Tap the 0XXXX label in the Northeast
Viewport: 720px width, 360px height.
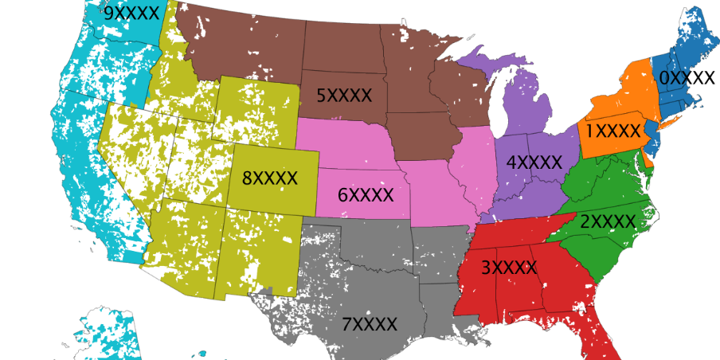[x=687, y=77]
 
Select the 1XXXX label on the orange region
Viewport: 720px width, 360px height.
[x=613, y=129]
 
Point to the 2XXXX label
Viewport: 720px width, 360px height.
[x=608, y=221]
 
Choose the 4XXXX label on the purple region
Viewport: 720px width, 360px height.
[x=534, y=161]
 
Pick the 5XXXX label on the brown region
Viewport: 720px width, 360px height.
[x=344, y=96]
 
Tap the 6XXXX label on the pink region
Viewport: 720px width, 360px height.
[x=366, y=194]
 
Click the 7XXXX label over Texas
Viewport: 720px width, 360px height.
[x=370, y=324]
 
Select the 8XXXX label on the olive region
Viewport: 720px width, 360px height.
[x=270, y=178]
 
